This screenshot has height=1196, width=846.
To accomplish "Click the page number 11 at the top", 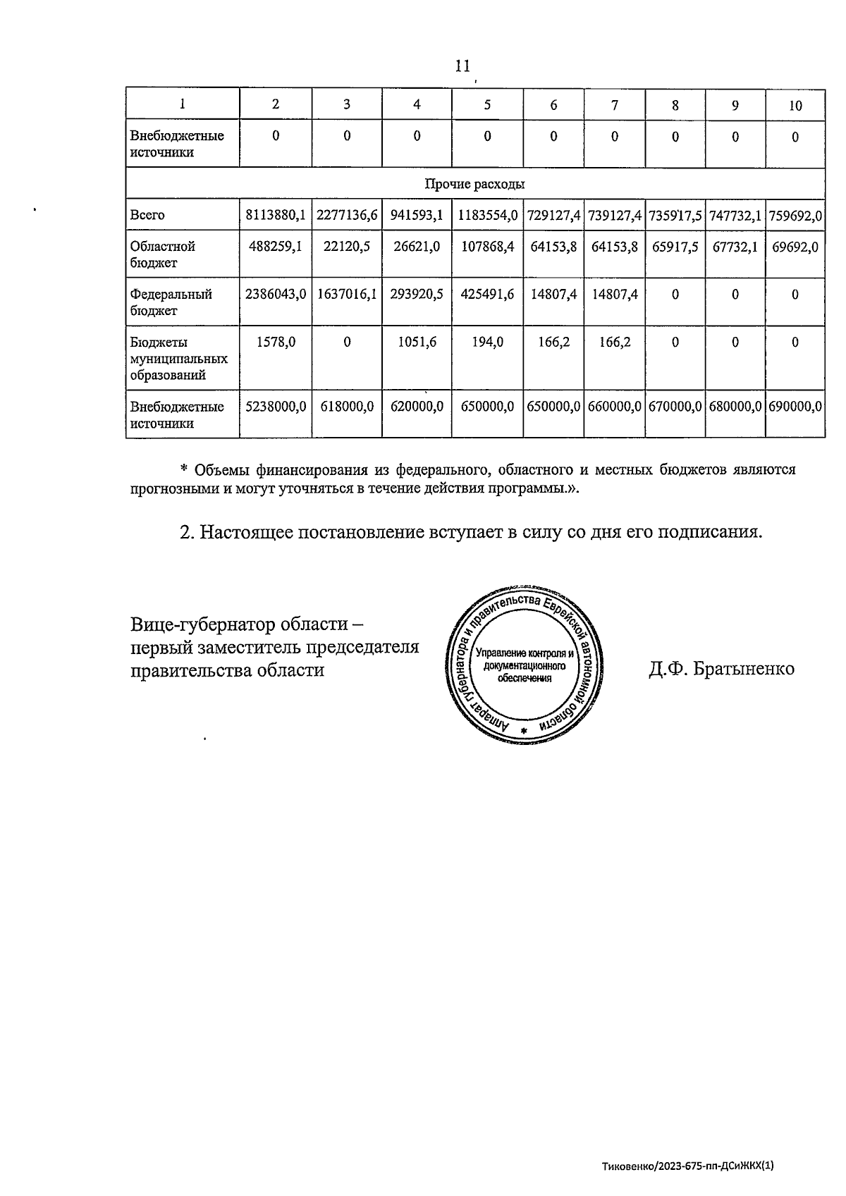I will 462,66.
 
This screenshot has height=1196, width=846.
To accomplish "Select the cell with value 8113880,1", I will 275,215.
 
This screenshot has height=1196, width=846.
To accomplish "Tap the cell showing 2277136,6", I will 346,215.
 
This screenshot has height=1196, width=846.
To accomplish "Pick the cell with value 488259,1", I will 275,246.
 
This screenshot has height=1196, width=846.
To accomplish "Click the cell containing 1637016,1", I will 346,294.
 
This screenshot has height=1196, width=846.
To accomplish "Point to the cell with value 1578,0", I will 275,342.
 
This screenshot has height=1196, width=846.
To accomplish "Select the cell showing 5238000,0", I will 275,407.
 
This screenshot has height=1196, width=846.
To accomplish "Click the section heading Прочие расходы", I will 474,184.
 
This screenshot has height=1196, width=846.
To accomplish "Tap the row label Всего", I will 147,215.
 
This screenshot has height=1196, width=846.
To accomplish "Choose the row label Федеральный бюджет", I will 171,302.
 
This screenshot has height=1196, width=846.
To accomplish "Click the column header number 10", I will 795,105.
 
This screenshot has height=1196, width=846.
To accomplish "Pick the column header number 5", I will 487,104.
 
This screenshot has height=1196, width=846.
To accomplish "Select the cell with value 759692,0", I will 795,215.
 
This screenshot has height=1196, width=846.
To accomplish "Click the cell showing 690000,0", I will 795,407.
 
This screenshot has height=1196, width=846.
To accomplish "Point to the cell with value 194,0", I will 487,342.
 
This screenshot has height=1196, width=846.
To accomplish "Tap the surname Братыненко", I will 744,669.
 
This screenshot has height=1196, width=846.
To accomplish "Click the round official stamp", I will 522,663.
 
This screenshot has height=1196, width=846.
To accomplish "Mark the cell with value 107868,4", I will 487,246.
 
